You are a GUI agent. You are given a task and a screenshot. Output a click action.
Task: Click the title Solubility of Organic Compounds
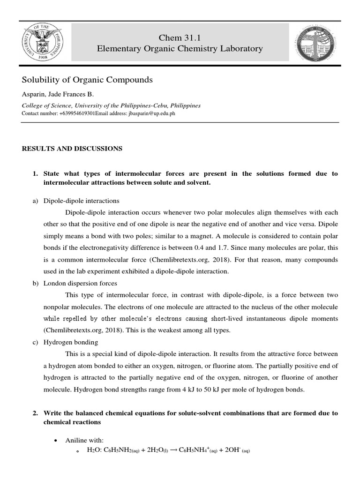point(88,80)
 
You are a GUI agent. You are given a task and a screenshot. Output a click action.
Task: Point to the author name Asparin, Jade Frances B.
point(58,95)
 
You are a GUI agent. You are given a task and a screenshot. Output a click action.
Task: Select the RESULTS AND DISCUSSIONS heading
point(72,149)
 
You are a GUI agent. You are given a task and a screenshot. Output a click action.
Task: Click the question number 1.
point(35,173)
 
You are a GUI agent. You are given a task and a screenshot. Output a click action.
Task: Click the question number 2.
point(35,413)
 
